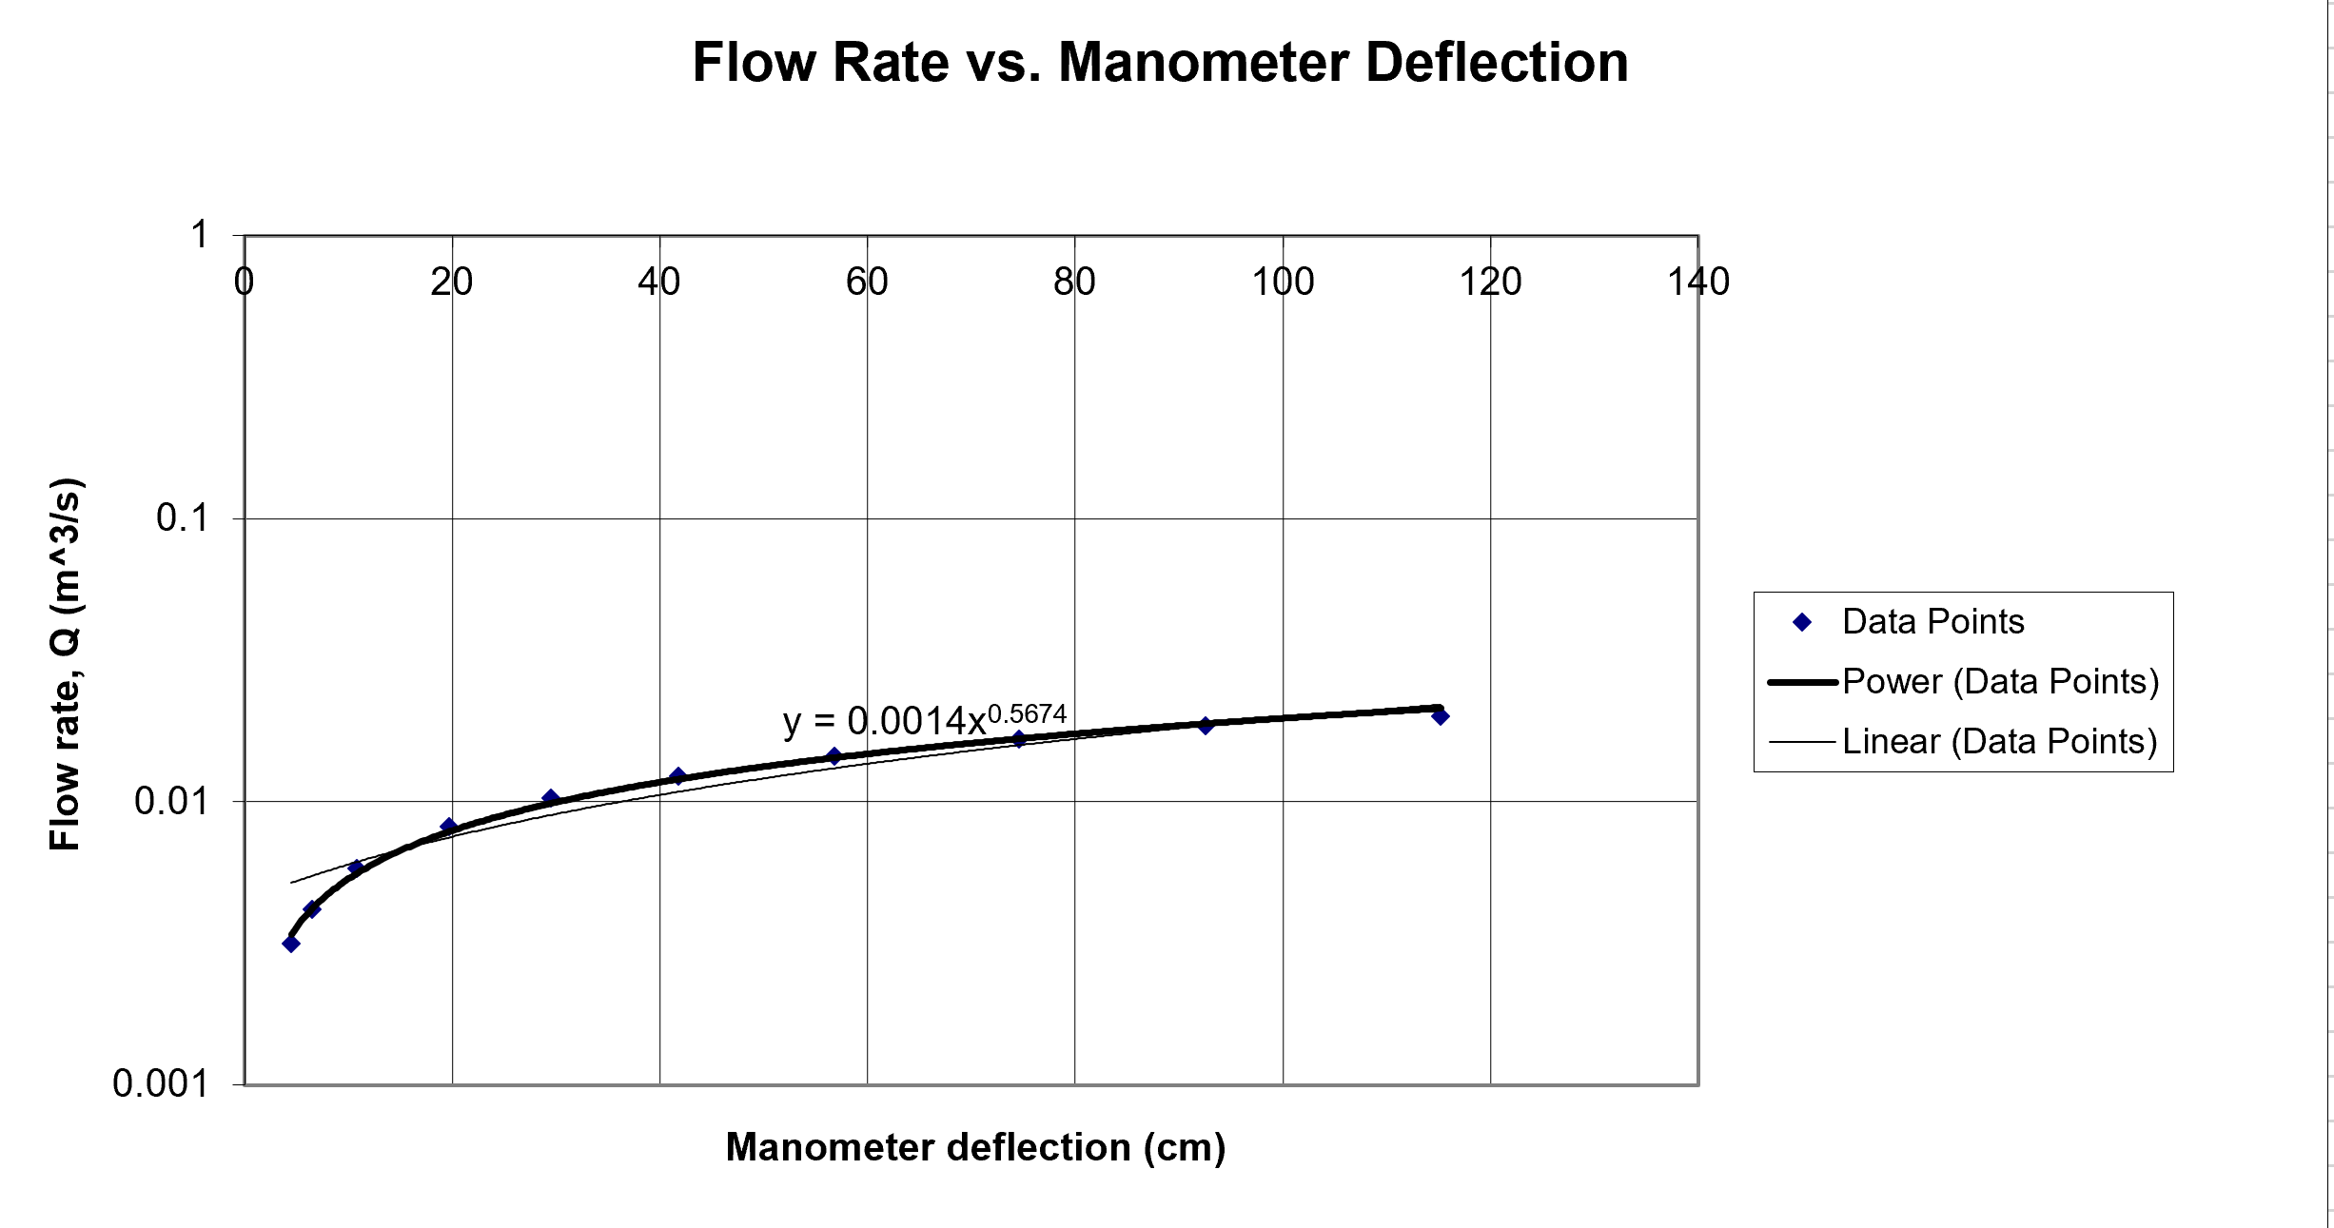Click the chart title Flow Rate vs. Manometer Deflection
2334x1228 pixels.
point(1160,63)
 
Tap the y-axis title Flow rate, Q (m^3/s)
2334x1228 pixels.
point(67,664)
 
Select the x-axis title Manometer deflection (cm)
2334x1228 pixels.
point(975,1147)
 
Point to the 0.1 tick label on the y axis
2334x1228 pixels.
point(182,518)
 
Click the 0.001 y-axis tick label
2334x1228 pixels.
point(160,1083)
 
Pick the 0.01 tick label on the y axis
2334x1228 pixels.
point(170,801)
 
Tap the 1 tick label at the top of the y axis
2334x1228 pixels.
point(199,234)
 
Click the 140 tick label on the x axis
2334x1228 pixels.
point(1698,282)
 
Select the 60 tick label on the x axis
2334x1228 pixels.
point(867,282)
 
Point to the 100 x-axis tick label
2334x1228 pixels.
point(1283,282)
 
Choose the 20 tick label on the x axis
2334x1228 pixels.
point(451,282)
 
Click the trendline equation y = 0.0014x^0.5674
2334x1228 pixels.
point(923,720)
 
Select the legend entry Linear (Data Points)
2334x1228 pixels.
point(1999,741)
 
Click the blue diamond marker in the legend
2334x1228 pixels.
point(1801,622)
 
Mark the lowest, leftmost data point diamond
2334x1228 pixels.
point(291,944)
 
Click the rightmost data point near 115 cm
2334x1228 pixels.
point(1440,716)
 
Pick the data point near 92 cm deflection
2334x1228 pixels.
point(1206,726)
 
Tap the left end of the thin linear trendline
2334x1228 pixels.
point(292,883)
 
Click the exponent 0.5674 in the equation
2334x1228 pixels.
point(1027,712)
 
